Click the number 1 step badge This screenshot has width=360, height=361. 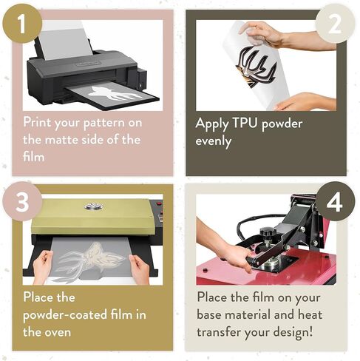click(22, 24)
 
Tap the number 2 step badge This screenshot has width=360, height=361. click(335, 24)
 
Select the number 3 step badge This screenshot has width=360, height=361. click(22, 201)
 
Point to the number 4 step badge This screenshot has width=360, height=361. click(335, 201)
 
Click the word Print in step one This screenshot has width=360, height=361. click(38, 122)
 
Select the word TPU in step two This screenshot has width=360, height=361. click(245, 123)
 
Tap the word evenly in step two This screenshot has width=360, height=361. click(213, 141)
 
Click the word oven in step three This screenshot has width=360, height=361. click(58, 333)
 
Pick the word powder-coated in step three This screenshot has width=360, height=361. click(65, 315)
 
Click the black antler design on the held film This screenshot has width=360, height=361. click(256, 66)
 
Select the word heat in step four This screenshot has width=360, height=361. click(310, 315)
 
